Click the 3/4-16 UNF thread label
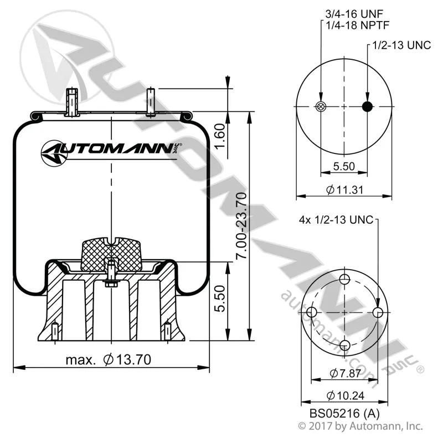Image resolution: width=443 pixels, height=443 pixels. (354, 14)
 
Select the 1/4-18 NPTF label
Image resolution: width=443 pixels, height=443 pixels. (357, 25)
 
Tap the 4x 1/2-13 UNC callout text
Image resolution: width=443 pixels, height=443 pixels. (336, 220)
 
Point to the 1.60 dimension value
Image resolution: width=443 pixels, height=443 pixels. (219, 135)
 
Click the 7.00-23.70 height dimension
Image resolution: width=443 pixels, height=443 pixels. (242, 225)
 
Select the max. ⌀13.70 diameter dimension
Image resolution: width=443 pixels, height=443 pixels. (109, 360)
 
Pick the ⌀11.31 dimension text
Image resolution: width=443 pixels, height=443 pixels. (344, 189)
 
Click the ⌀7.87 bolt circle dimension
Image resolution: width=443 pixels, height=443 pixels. (345, 373)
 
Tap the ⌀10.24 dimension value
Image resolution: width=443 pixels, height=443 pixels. (345, 395)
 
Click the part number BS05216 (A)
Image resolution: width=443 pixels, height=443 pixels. (344, 414)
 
